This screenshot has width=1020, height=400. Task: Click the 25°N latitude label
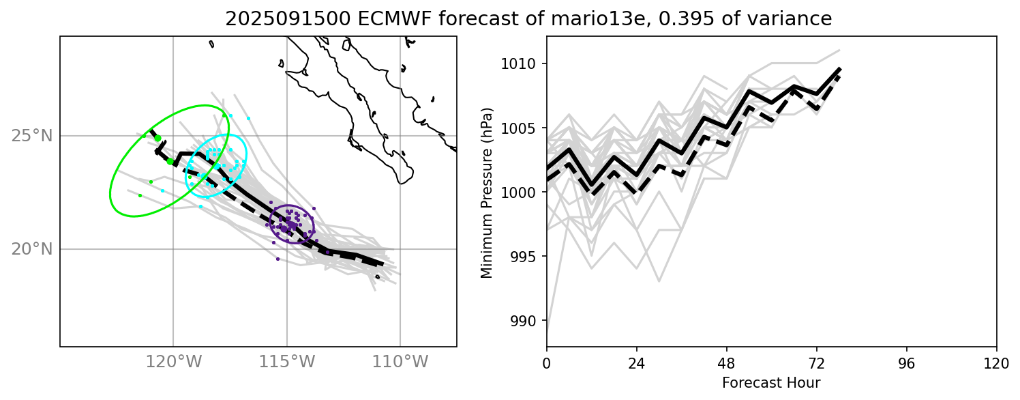click(x=31, y=136)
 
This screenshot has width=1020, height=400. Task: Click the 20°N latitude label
click(x=31, y=249)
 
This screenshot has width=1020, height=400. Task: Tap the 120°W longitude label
click(x=173, y=362)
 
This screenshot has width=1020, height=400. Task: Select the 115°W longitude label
click(x=286, y=362)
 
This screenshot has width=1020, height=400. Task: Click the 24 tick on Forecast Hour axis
click(x=637, y=362)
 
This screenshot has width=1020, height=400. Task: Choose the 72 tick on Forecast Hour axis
click(x=817, y=362)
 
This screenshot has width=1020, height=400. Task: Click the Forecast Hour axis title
click(x=771, y=382)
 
